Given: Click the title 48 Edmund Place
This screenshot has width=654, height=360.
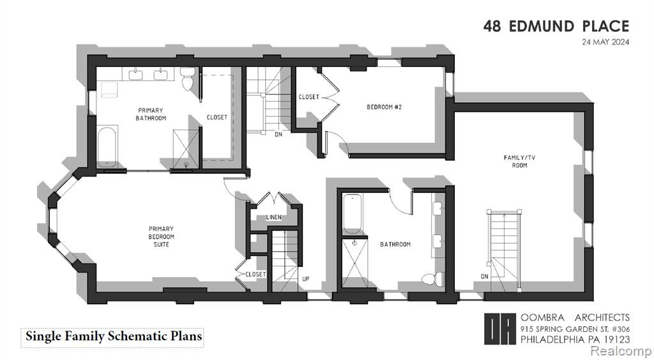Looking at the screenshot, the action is [x=556, y=26].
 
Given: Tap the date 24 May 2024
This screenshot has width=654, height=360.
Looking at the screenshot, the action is [x=605, y=42].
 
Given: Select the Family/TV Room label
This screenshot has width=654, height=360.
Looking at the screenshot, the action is [x=519, y=161].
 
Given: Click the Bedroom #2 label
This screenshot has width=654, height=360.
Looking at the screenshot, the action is [x=384, y=107].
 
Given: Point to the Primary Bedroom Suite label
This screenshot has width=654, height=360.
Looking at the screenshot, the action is [x=162, y=236].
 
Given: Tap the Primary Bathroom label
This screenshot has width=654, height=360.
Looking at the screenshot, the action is [x=151, y=114].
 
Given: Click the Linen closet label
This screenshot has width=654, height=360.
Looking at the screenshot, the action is [x=273, y=218].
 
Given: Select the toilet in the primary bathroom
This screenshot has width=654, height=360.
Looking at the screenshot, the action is [x=187, y=79].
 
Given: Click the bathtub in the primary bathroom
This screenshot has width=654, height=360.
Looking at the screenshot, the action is [x=107, y=147].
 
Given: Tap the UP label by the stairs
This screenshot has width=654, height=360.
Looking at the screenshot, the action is [x=306, y=279].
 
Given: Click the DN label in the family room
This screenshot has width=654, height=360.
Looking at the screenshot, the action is [x=484, y=276].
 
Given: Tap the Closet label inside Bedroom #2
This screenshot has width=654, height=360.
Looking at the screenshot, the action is [x=309, y=97].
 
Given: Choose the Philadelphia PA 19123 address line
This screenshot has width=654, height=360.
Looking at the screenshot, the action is [x=575, y=340].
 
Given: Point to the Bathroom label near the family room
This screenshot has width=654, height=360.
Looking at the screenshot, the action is [x=395, y=244].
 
